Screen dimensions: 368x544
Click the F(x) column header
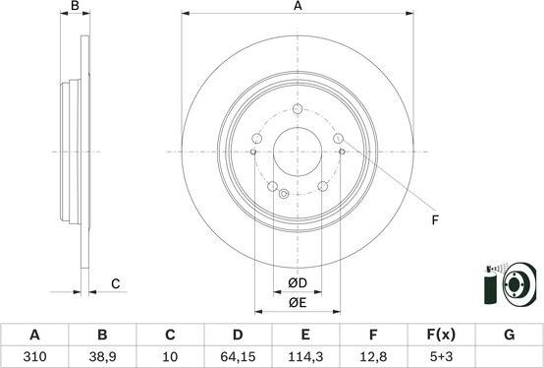pyautogui.click(x=441, y=335)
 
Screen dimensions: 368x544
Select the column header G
pyautogui.click(x=509, y=335)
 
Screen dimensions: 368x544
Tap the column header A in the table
pyautogui.click(x=34, y=335)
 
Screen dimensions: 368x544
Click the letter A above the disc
pyautogui.click(x=297, y=7)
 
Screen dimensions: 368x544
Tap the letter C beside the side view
pyautogui.click(x=115, y=284)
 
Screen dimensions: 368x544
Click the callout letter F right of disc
pyautogui.click(x=434, y=219)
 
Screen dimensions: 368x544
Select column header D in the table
pyautogui.click(x=238, y=335)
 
